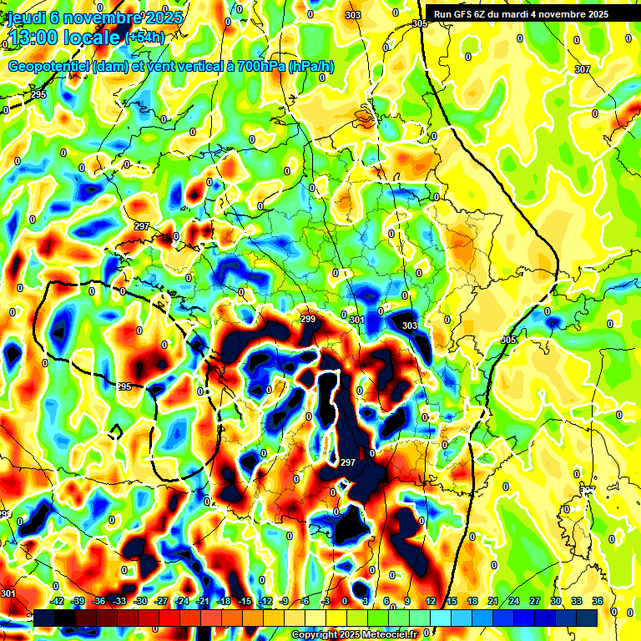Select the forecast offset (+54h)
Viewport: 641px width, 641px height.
[144, 38]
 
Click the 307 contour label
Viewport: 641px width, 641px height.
[582, 69]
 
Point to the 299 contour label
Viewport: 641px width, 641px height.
[307, 320]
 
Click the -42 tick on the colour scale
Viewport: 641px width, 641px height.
[57, 601]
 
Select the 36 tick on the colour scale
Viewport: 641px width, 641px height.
[597, 601]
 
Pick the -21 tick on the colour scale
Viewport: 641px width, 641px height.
[202, 601]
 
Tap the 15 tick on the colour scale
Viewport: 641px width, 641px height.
[452, 601]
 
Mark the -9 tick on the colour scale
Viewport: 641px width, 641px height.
[285, 601]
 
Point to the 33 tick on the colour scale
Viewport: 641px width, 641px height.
[576, 601]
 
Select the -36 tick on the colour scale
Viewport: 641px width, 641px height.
[98, 601]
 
